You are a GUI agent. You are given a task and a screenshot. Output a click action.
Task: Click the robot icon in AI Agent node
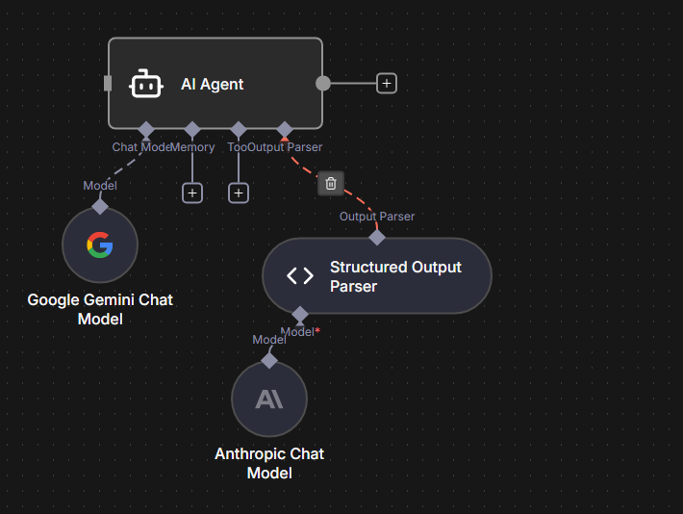145,84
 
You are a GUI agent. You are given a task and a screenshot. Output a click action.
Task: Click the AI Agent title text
213,84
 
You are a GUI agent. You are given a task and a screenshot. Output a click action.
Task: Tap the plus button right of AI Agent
386,83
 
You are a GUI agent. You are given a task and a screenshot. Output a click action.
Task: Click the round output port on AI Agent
323,83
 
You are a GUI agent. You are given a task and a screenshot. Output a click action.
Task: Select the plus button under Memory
192,193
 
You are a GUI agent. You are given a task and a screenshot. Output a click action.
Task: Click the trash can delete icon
331,183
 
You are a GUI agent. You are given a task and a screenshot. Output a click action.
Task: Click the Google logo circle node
100,245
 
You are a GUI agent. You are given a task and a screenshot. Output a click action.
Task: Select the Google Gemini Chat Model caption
100,309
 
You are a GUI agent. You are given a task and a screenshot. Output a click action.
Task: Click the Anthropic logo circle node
269,398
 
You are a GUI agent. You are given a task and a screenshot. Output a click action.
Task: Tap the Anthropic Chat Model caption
269,463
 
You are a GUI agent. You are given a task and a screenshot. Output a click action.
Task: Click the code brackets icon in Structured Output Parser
300,276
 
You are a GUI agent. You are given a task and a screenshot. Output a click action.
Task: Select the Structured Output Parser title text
395,276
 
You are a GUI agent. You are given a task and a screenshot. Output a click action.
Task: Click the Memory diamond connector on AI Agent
192,129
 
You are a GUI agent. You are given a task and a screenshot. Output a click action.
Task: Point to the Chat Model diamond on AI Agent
146,129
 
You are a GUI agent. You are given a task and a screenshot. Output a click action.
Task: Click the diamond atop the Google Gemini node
100,206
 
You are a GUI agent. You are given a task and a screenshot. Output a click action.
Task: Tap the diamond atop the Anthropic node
269,360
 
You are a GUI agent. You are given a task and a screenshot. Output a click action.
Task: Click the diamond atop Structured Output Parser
377,237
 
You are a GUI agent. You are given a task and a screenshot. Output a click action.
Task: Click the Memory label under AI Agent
193,147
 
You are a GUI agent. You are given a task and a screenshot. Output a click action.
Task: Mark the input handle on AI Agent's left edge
108,83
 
